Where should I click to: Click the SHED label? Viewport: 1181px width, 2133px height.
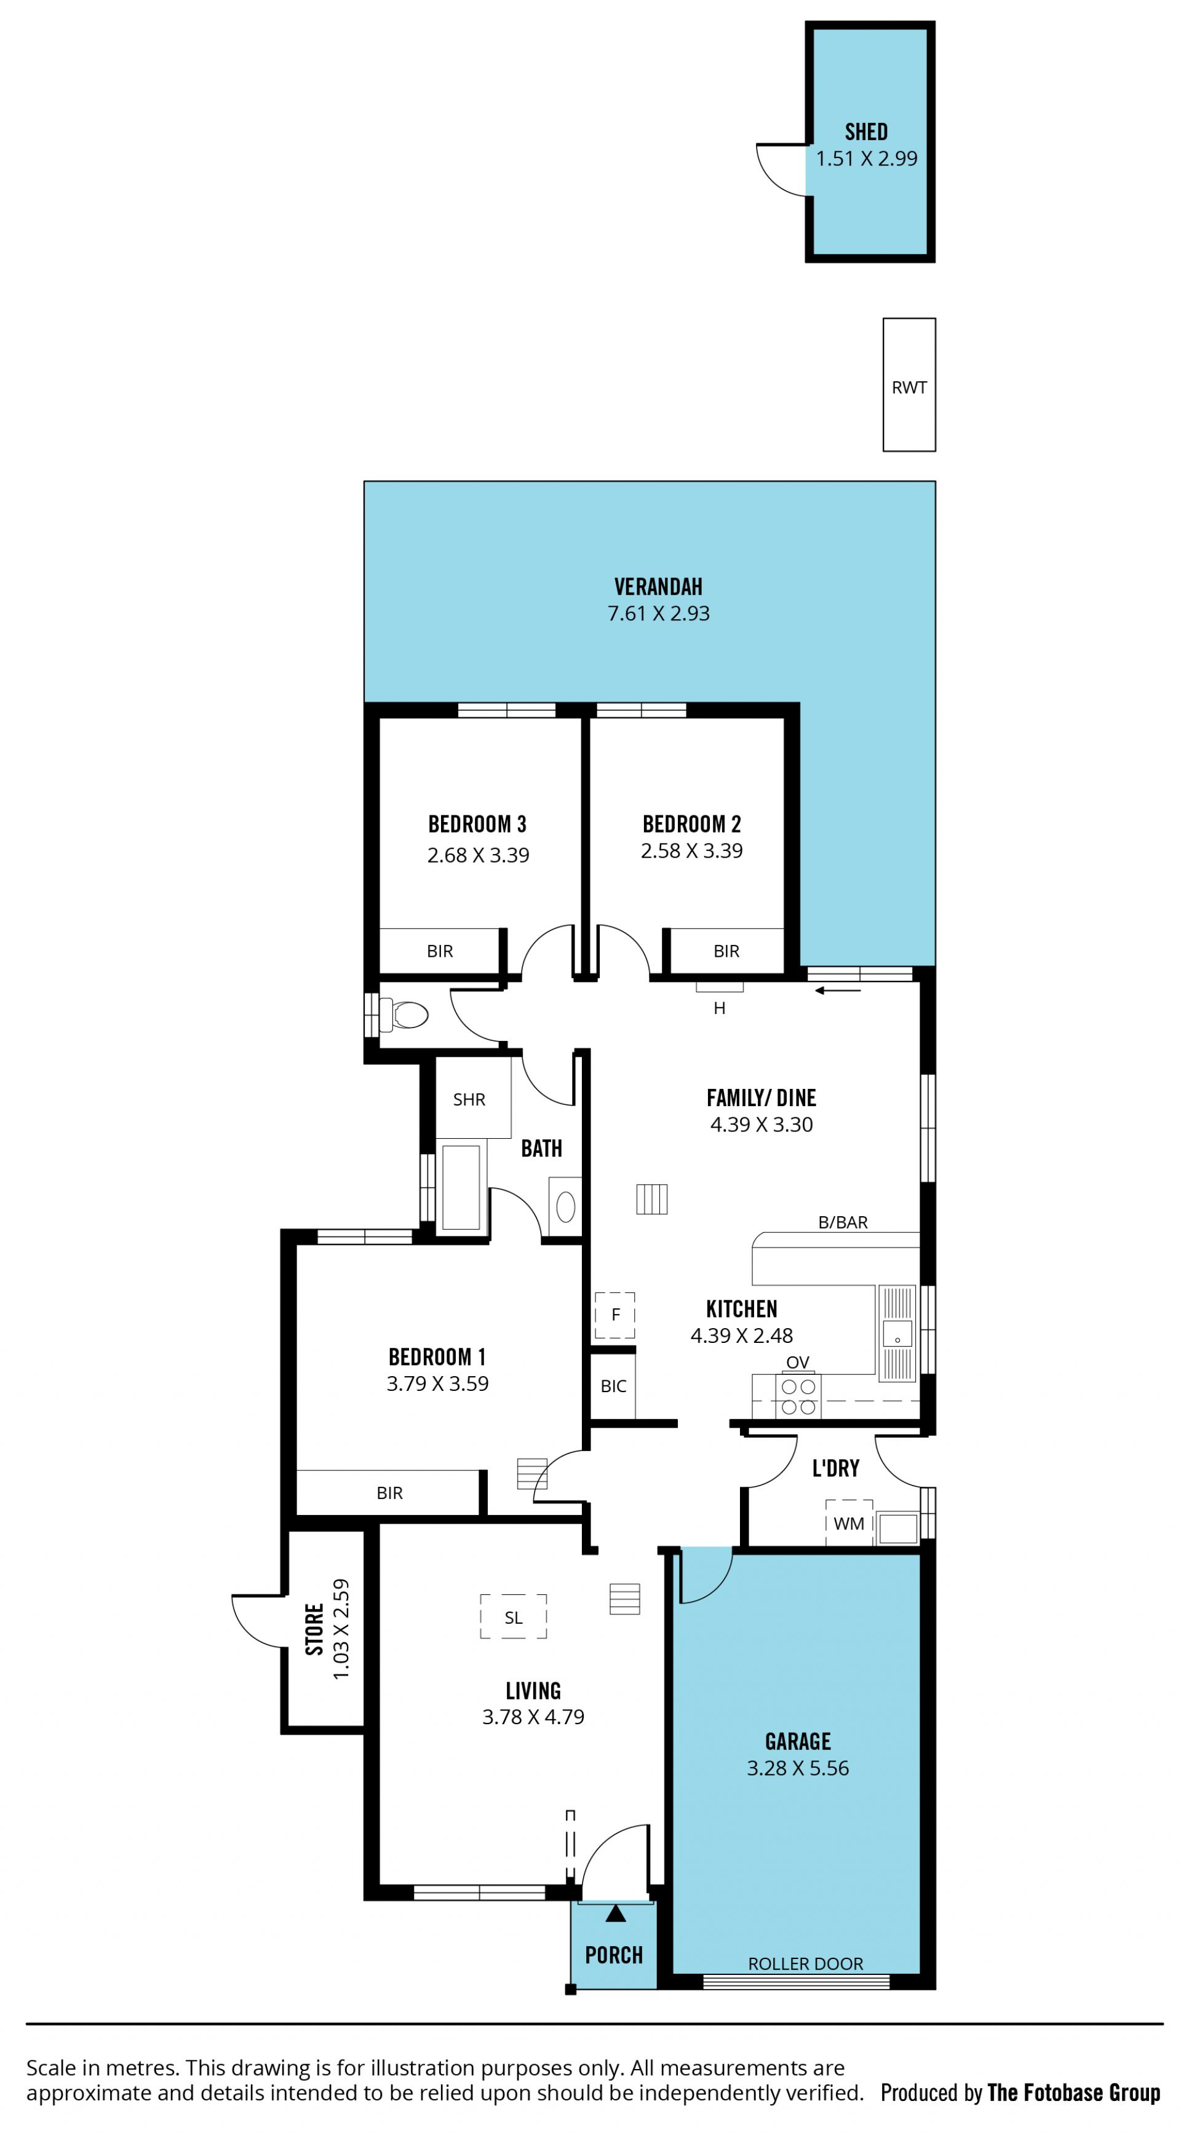[866, 132]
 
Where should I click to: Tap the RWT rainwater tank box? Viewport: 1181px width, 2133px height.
[909, 385]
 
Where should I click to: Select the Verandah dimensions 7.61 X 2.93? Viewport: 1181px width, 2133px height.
[658, 614]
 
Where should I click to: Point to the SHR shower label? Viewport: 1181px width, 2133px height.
[469, 1099]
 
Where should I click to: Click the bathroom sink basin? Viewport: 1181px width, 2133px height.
[566, 1206]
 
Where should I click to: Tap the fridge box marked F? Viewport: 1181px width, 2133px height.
[614, 1315]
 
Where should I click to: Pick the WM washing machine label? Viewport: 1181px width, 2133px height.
[849, 1524]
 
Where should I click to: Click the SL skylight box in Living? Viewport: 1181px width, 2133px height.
[514, 1617]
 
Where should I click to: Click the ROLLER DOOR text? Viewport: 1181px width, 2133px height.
[805, 1964]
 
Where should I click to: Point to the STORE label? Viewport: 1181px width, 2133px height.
[314, 1629]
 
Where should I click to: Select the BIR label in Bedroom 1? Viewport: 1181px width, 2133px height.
[389, 1493]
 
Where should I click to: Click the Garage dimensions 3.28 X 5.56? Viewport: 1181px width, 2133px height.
[798, 1768]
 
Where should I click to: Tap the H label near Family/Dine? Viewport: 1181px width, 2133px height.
[720, 1008]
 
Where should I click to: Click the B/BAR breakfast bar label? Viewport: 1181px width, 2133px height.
[843, 1222]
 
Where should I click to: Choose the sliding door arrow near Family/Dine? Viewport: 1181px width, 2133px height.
[838, 991]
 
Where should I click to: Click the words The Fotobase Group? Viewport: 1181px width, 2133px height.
[1073, 2092]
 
